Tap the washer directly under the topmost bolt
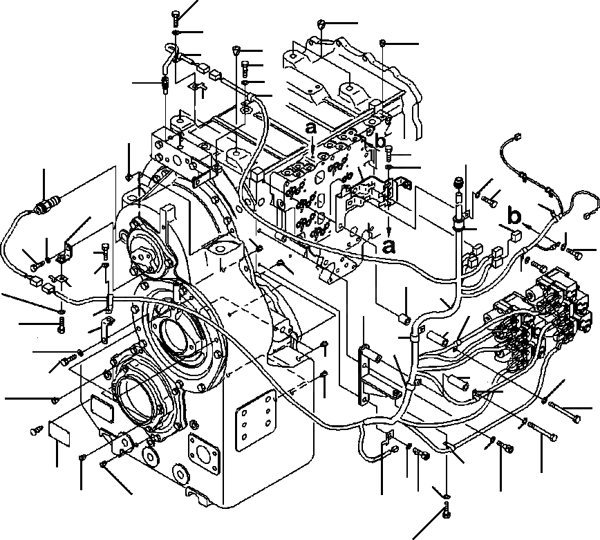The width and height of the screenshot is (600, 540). pos(177,33)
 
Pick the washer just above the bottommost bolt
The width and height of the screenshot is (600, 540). pos(446,496)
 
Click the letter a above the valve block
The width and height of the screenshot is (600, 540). pos(312,128)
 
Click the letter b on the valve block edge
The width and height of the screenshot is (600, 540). pos(379,140)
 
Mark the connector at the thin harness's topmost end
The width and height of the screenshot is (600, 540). pos(516,136)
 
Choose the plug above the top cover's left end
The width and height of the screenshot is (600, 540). pos(322,26)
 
